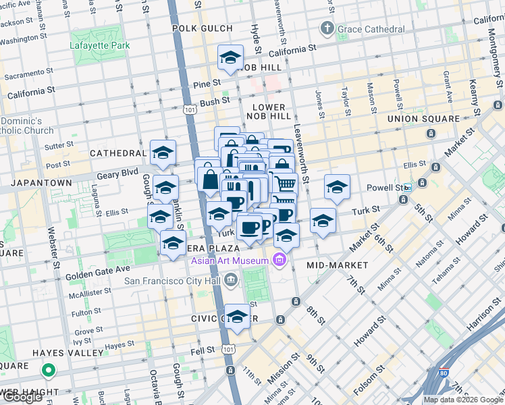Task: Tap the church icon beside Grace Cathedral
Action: (327, 28)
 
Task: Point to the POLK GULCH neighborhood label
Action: (203, 28)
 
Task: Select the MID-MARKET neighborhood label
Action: (337, 265)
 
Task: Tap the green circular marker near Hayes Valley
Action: (48, 370)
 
